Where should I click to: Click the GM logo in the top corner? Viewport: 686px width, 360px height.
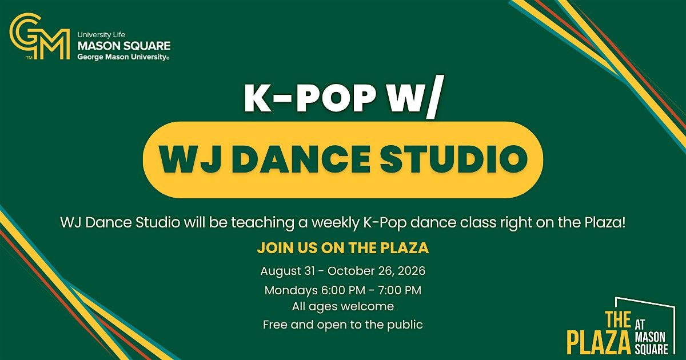[39, 36]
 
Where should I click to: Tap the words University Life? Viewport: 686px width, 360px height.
[101, 35]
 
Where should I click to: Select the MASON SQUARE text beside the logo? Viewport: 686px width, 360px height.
[124, 46]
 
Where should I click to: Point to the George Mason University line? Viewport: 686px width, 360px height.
[123, 57]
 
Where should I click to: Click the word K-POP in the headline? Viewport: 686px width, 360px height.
[310, 98]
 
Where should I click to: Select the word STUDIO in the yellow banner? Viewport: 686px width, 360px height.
[454, 159]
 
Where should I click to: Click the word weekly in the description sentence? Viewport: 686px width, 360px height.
[335, 223]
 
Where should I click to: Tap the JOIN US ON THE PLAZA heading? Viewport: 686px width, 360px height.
[342, 247]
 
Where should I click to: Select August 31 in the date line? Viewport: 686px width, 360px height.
[288, 271]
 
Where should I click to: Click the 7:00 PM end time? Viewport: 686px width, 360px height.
[400, 290]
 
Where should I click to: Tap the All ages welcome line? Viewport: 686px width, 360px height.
[342, 306]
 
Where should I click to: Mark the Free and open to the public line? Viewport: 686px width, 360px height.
[342, 325]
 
